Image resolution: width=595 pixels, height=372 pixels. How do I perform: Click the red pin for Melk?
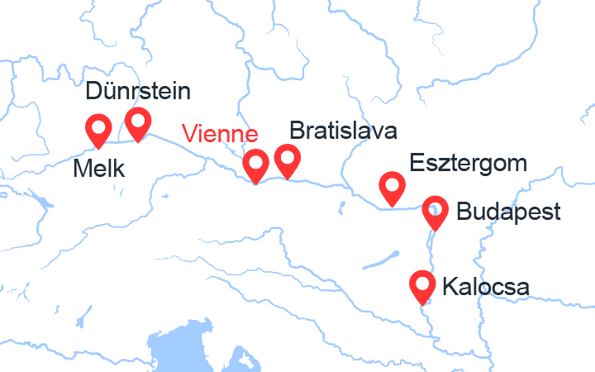click(x=99, y=129)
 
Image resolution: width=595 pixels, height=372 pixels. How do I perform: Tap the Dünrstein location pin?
click(x=137, y=122)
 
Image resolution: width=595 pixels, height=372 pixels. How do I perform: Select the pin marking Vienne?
click(x=256, y=164)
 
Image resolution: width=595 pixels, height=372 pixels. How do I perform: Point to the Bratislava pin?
click(x=288, y=159)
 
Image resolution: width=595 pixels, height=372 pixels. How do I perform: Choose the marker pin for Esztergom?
click(x=392, y=186)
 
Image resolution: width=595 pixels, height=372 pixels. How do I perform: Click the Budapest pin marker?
click(x=434, y=211)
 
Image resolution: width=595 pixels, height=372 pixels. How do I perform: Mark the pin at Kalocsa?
click(x=423, y=285)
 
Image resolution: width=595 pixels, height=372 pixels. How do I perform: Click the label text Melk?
click(x=98, y=169)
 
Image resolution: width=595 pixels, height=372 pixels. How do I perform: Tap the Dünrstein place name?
click(x=137, y=92)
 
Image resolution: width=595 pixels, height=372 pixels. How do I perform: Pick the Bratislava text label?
click(x=343, y=131)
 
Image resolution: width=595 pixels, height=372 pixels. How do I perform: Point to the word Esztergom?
click(x=469, y=163)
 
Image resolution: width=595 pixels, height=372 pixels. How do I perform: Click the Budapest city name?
click(x=507, y=212)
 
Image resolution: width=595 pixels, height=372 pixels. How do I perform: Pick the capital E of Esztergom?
click(x=416, y=163)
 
